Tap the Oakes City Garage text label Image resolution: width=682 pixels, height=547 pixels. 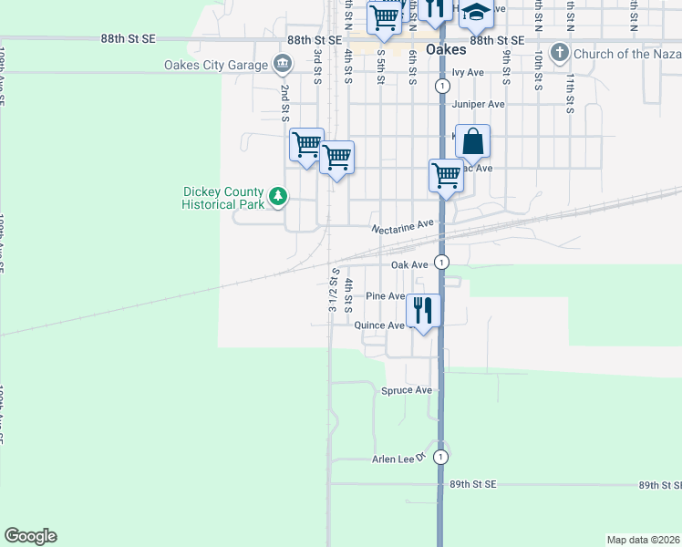(x=216, y=65)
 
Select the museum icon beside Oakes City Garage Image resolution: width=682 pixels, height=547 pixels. (x=283, y=64)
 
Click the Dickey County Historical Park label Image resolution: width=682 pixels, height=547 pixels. (x=223, y=198)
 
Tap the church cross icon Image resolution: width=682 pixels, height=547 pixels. (x=560, y=54)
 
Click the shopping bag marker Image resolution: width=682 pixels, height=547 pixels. (x=472, y=141)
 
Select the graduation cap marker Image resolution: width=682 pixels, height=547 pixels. (x=475, y=13)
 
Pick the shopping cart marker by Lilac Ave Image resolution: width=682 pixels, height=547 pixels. (x=446, y=174)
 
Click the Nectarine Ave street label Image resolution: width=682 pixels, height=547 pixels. (x=401, y=226)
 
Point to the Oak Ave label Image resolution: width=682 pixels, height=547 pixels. (x=409, y=264)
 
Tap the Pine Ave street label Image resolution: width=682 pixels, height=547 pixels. (x=385, y=296)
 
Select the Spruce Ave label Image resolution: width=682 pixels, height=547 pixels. (x=406, y=390)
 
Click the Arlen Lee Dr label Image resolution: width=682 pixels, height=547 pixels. (x=399, y=459)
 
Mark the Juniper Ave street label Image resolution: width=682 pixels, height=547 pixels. (x=471, y=104)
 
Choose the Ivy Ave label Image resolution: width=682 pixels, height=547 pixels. (x=468, y=72)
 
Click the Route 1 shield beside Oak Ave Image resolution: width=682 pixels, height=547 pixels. (x=441, y=263)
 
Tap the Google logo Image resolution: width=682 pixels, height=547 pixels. (x=30, y=536)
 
